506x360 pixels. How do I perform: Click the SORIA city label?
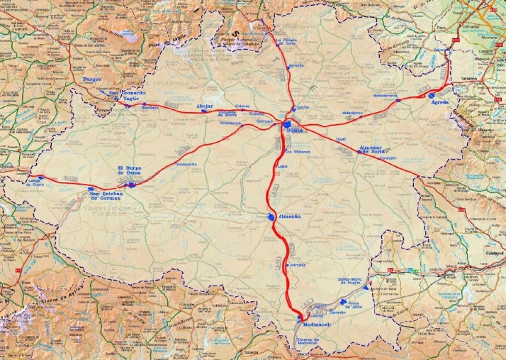coord(295,131)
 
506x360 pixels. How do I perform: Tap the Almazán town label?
coord(289,216)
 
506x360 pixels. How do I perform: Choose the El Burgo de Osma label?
coord(130,171)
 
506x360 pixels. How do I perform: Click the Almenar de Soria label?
coord(376,150)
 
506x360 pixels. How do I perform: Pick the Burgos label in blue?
coord(92,79)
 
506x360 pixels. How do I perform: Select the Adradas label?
coord(298,265)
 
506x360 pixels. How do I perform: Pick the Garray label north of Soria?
coord(303,108)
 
